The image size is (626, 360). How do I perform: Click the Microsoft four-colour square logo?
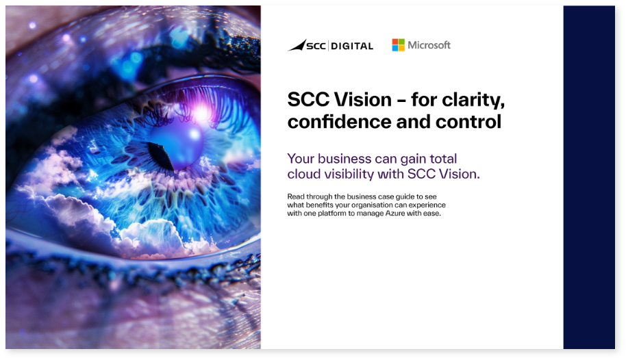[398, 45]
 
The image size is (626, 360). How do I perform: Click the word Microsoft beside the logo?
[429, 45]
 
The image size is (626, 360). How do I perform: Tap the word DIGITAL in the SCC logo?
[352, 47]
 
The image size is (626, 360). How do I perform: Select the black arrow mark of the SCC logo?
[297, 45]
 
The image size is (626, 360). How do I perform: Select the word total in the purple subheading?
[443, 159]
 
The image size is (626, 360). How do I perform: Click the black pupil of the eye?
[161, 155]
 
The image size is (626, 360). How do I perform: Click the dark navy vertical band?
[589, 177]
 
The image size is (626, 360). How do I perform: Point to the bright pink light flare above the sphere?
[201, 113]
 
